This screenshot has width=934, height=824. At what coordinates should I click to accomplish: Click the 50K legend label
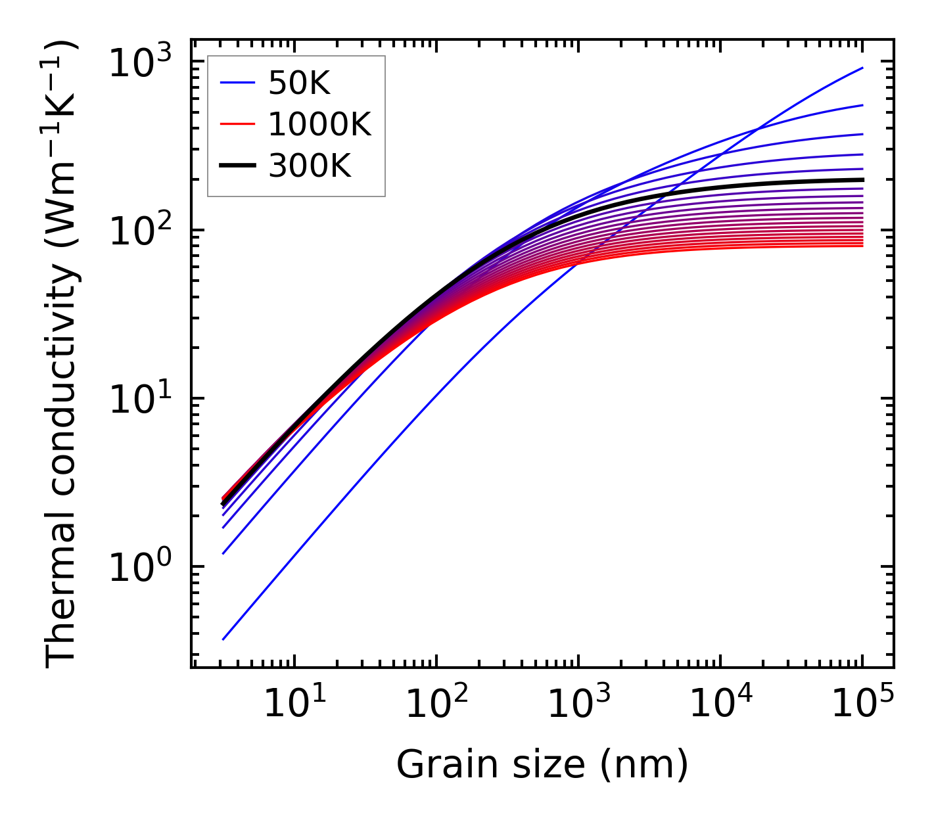pyautogui.click(x=299, y=83)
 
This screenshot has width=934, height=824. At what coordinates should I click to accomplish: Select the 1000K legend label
pyautogui.click(x=319, y=124)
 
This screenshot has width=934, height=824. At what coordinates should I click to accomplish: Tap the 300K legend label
pyautogui.click(x=310, y=166)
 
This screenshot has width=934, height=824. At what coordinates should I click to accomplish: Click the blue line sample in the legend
pyautogui.click(x=237, y=83)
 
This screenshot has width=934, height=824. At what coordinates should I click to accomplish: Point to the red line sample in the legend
pyautogui.click(x=237, y=124)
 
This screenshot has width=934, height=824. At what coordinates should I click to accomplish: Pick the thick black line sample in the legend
pyautogui.click(x=237, y=166)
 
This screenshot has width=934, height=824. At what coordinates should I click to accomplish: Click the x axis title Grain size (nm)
pyautogui.click(x=542, y=764)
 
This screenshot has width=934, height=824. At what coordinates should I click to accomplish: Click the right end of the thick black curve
pyautogui.click(x=862, y=179)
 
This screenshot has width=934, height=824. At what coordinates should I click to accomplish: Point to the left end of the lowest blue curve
pyautogui.click(x=223, y=639)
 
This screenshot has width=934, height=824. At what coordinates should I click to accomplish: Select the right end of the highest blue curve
pyautogui.click(x=862, y=68)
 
